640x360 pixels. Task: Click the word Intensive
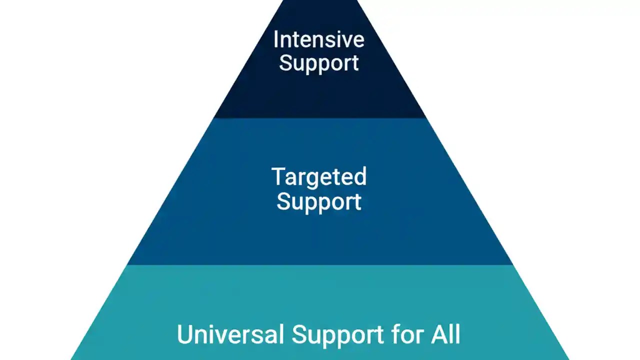pos(318,39)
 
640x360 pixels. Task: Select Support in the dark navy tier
pos(318,63)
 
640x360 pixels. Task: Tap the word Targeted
pos(318,177)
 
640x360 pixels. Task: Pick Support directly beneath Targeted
pos(318,201)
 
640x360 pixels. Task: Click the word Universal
pos(230,334)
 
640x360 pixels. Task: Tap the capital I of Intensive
pos(275,39)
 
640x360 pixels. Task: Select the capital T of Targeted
pos(277,176)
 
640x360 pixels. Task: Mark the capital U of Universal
pos(184,334)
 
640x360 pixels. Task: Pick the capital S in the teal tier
pos(299,334)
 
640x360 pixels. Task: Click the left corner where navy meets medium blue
pos(214,118)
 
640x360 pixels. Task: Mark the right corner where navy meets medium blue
pos(426,118)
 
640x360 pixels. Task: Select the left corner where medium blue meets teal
pos(127,264)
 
